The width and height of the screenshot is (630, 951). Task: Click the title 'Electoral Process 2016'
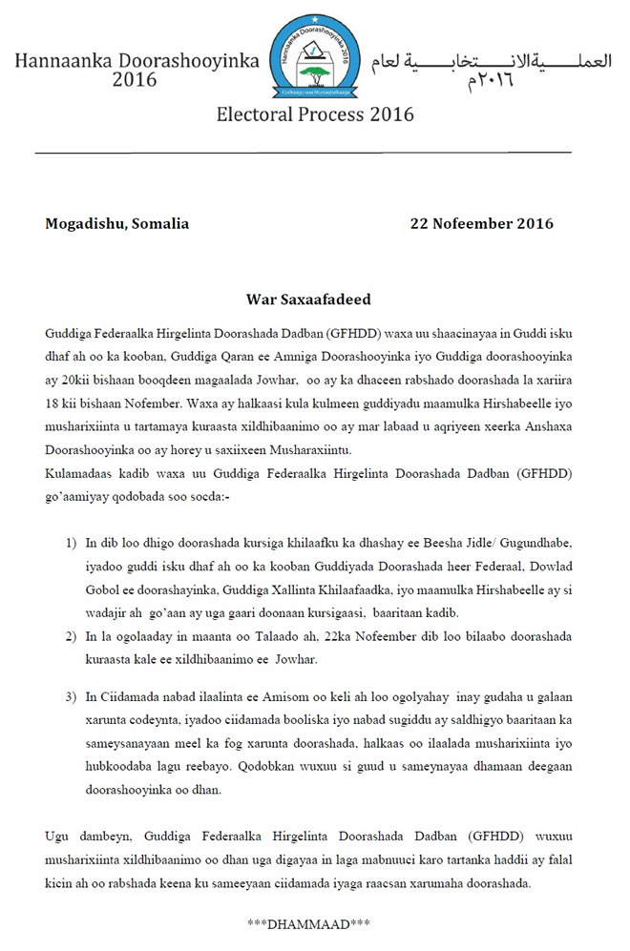tap(314, 114)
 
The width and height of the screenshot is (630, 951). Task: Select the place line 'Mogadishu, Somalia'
tap(116, 224)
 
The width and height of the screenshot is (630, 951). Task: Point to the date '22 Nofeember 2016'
tap(481, 224)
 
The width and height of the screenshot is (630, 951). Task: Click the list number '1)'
tap(72, 543)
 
